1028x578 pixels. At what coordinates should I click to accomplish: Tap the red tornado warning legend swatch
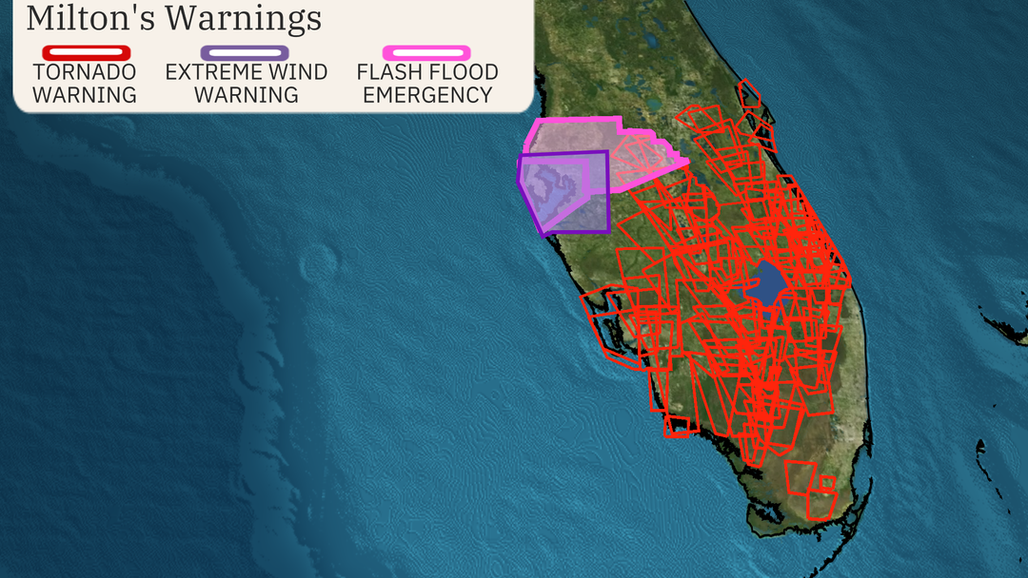pos(85,52)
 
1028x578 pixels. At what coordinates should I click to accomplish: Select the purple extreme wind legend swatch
pos(246,52)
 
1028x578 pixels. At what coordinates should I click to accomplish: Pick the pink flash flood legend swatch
pos(426,52)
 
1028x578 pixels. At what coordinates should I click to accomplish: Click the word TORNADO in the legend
pos(85,72)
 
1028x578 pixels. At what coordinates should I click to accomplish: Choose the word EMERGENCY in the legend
pos(427,95)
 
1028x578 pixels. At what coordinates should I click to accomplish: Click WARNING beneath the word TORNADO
pos(85,95)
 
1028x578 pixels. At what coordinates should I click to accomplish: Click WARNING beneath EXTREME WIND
pos(246,95)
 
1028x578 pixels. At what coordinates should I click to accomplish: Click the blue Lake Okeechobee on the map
pos(767,283)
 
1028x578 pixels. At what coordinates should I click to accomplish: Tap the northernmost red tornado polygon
pos(750,92)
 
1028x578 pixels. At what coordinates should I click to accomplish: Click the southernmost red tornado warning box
pos(819,505)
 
